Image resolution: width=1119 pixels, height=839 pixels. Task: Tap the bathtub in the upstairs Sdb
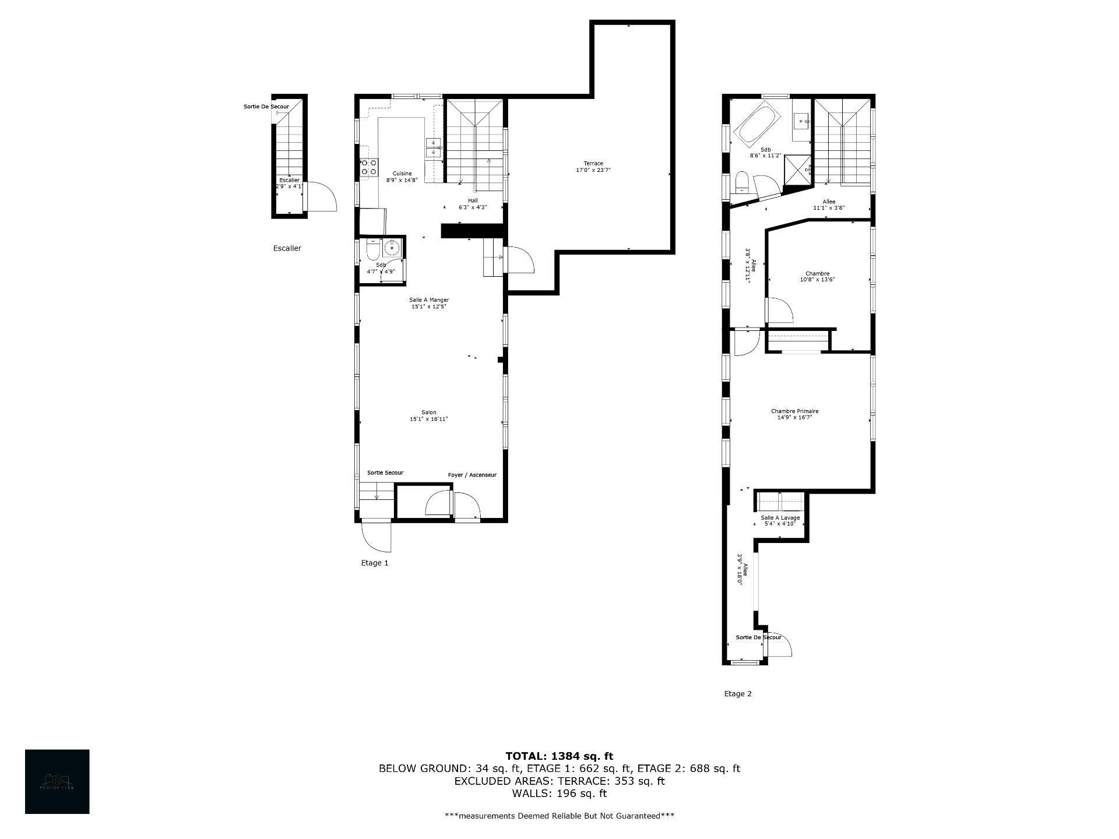(x=756, y=124)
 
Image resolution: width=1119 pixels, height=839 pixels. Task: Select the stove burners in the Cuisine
(x=368, y=168)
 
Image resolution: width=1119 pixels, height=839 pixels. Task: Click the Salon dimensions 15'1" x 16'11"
(x=429, y=419)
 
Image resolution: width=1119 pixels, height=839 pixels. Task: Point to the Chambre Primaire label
(x=794, y=411)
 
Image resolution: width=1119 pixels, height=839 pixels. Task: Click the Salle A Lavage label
(x=780, y=518)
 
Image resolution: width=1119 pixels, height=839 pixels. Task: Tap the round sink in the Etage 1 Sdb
(x=392, y=248)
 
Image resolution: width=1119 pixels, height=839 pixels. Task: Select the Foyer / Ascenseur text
(x=472, y=475)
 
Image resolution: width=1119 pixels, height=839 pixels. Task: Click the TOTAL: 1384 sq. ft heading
(x=559, y=756)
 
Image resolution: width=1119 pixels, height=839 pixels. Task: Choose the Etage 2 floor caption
(x=737, y=694)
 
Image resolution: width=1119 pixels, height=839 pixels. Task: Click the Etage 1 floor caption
(x=374, y=563)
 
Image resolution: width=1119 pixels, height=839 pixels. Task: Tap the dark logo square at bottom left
(x=57, y=781)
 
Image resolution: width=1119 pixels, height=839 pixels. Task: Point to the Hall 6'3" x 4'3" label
(x=473, y=203)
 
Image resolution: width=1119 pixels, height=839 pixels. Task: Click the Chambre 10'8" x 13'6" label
(x=817, y=276)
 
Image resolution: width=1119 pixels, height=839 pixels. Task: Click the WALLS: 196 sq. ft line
(x=559, y=794)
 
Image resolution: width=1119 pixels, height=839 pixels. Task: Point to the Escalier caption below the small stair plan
(x=287, y=248)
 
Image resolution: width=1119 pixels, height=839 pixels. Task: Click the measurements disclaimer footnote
(x=559, y=816)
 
